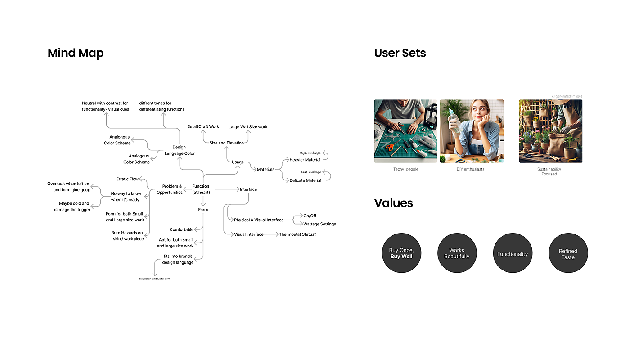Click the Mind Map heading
point(76,53)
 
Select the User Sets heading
point(400,53)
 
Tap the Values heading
point(393,203)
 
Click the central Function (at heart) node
point(201,189)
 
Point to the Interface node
point(248,189)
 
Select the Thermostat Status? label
point(297,234)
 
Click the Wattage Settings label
point(319,224)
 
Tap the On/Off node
point(310,216)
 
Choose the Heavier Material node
point(305,160)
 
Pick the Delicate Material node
point(305,180)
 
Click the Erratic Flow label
point(127,179)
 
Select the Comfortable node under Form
point(181,230)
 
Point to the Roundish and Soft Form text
point(155,279)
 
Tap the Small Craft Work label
point(203,127)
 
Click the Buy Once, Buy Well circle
point(401,253)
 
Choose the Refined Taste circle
point(568,254)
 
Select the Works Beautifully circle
point(457,253)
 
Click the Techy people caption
point(405,169)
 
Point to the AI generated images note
point(567,96)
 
